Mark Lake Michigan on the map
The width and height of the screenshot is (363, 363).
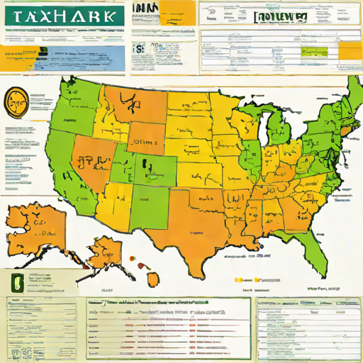pyautogui.click(x=260, y=131)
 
